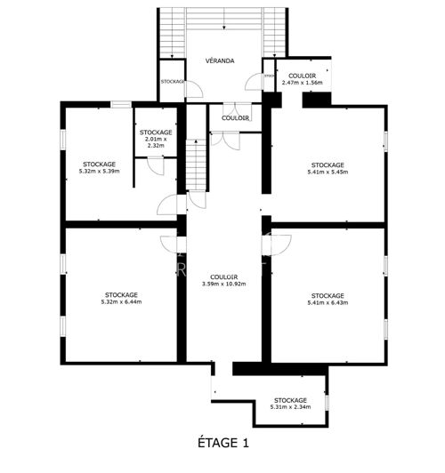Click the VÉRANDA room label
click(219, 60)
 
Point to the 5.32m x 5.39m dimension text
click(99, 171)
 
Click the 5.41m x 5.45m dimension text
click(328, 172)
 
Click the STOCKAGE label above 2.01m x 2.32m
click(156, 132)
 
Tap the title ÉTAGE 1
click(222, 442)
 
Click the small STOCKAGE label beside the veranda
click(172, 81)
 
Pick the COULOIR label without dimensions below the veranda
click(235, 117)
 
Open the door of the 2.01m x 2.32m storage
click(155, 167)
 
